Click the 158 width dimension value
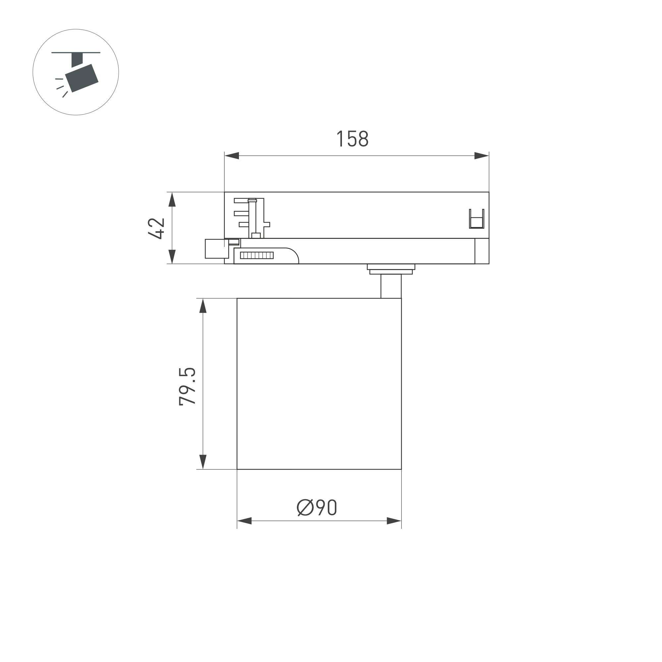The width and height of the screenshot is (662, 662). [x=352, y=139]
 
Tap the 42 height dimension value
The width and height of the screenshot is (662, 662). [x=157, y=228]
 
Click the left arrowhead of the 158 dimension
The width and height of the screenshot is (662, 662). [x=232, y=156]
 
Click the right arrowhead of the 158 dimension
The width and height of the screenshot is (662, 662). [x=481, y=156]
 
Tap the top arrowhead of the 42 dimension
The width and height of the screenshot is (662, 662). [x=172, y=199]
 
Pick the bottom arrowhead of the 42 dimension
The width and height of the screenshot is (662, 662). [x=172, y=257]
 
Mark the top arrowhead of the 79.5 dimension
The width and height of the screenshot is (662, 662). [x=203, y=305]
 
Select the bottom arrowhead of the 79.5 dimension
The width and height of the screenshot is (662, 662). [x=203, y=462]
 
